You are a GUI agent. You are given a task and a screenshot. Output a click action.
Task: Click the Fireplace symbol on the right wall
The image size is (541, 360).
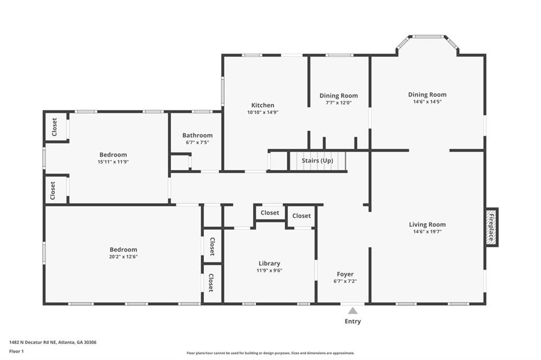(x=491, y=227)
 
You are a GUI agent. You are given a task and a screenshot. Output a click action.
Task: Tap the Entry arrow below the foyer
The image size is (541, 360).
(x=352, y=311)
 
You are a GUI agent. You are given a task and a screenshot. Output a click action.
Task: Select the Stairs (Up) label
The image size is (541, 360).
(x=317, y=160)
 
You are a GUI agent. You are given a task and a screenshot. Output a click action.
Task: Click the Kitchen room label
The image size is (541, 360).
(x=263, y=105)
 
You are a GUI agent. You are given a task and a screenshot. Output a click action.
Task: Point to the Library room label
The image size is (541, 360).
(x=269, y=263)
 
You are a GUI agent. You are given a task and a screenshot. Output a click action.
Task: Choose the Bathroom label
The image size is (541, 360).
(x=198, y=135)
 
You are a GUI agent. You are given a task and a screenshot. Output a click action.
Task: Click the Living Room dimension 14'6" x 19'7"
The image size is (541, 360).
(x=427, y=231)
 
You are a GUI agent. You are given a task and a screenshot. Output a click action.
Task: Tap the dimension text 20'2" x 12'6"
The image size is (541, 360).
(x=123, y=257)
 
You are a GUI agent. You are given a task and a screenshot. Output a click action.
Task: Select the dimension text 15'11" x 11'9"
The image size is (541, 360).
(x=113, y=162)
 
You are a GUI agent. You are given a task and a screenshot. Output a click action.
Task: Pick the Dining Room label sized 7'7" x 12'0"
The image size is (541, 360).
(x=339, y=96)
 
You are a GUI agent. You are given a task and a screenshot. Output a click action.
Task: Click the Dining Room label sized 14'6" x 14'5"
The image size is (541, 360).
(x=427, y=94)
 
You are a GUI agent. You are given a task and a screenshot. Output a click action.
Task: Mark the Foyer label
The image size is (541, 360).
(x=345, y=274)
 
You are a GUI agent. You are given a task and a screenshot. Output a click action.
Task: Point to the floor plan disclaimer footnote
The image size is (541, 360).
(x=270, y=353)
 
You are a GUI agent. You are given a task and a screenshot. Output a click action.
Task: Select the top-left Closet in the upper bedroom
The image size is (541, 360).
(x=54, y=127)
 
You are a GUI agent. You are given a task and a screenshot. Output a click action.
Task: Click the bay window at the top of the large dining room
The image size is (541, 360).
(x=428, y=37)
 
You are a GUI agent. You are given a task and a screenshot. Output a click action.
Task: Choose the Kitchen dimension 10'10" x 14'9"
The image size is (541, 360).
(x=263, y=112)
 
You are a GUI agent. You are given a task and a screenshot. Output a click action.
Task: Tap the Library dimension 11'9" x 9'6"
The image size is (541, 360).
(x=269, y=270)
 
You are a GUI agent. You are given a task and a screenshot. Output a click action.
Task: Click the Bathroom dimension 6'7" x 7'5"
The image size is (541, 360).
(x=198, y=142)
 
